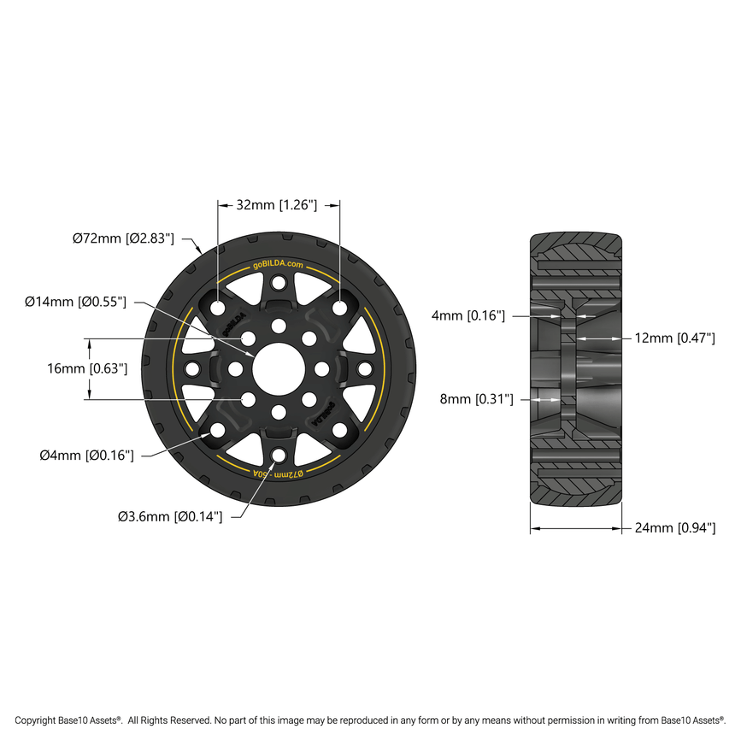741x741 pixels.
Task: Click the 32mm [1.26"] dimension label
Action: [x=277, y=205]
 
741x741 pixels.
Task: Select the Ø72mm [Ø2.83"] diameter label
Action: [x=123, y=238]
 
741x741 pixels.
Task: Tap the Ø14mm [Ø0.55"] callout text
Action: [x=76, y=302]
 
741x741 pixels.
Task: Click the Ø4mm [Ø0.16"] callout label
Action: [x=86, y=456]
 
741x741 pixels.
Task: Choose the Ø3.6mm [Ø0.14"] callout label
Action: [x=170, y=516]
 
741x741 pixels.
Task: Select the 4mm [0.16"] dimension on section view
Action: [x=468, y=316]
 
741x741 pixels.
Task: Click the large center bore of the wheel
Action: [x=279, y=368]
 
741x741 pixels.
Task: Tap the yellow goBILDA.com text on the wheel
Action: [x=279, y=266]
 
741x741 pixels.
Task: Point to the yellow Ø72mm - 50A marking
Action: [x=279, y=473]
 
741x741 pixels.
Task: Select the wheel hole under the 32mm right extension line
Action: [x=340, y=308]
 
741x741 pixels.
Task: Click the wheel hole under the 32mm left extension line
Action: [x=218, y=308]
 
